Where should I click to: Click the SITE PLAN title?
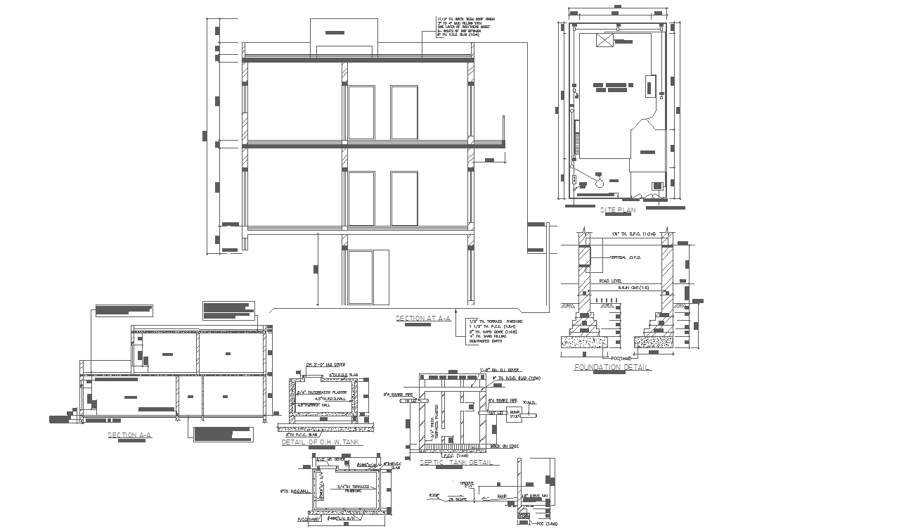(x=618, y=210)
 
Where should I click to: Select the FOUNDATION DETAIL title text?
(x=612, y=367)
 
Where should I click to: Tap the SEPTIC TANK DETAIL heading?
(x=455, y=463)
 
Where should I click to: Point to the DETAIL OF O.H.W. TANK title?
(x=321, y=442)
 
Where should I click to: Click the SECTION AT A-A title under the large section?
(x=424, y=319)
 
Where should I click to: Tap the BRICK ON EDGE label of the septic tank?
(x=504, y=446)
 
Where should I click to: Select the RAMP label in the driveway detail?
(x=502, y=496)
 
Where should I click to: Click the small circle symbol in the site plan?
(x=599, y=183)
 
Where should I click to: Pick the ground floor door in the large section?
(x=361, y=277)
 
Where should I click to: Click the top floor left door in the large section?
(x=361, y=113)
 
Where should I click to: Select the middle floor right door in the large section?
(x=404, y=198)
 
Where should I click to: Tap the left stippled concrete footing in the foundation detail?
(x=584, y=342)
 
